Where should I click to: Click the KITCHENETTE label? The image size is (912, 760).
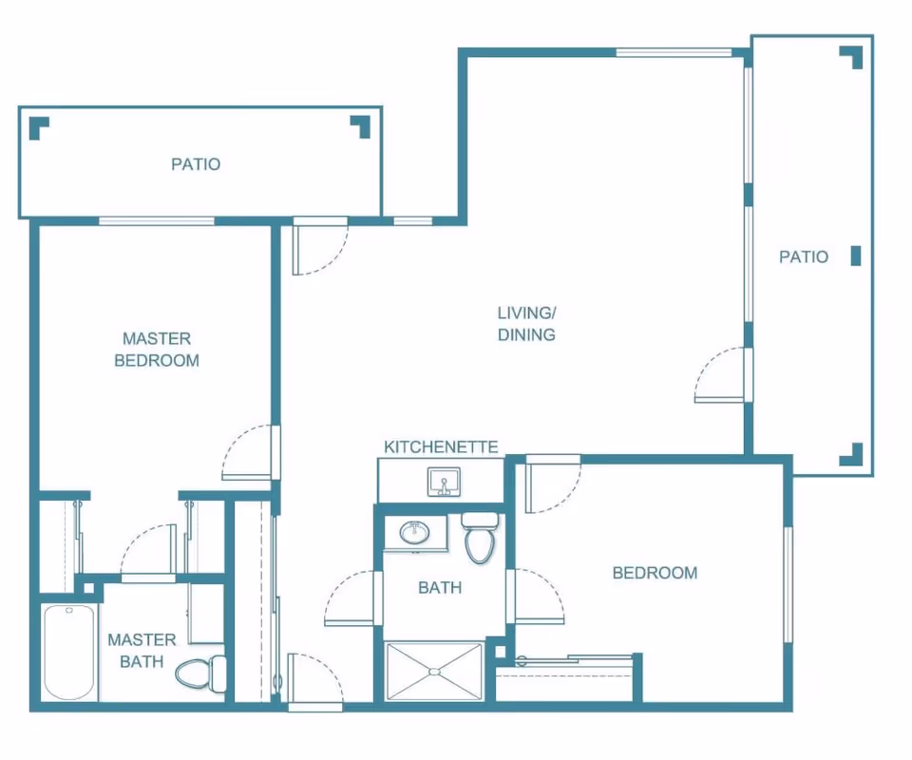coord(441,446)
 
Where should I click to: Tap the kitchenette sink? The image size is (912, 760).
coord(444,482)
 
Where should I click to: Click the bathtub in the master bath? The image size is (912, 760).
coord(69,653)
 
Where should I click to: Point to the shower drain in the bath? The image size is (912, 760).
coord(434,672)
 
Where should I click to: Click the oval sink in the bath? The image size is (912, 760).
coord(415,531)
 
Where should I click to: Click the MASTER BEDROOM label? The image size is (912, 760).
coord(157,350)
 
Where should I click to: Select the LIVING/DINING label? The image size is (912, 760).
coord(526,324)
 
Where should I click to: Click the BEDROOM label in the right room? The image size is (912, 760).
coord(655,573)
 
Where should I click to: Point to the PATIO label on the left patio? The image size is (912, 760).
coord(196,164)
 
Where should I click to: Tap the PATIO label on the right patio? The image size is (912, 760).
coord(804,256)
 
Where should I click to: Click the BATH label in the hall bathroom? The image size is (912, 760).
coord(440,587)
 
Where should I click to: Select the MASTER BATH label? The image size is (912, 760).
coord(142,651)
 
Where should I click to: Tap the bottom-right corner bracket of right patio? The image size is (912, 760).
coord(851,455)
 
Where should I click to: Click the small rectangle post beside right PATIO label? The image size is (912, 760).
coord(856,256)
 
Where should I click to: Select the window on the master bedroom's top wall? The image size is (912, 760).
coord(157,221)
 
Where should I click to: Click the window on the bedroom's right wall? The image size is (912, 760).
coord(788,584)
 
